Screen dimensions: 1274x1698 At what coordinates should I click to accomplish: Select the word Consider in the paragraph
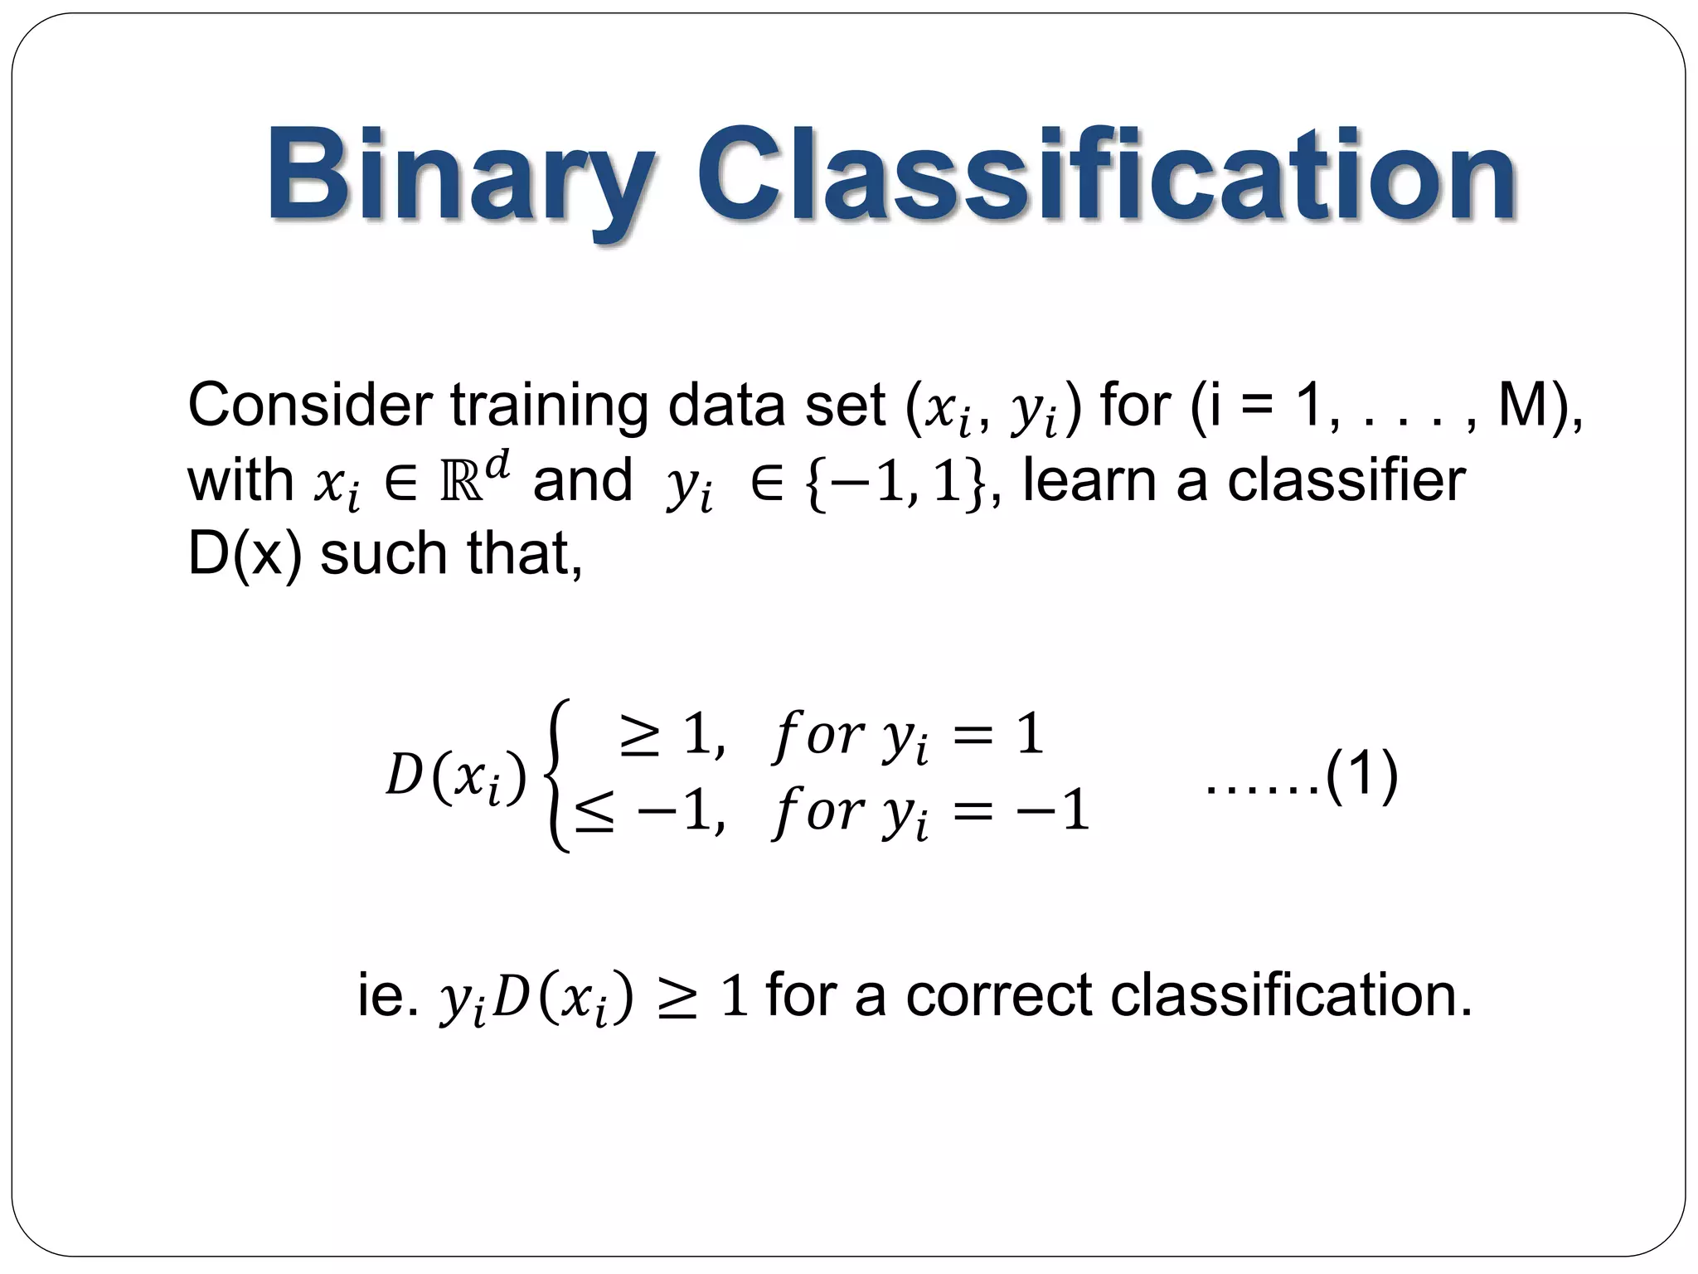point(309,406)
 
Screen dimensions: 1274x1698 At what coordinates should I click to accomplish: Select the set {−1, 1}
point(895,482)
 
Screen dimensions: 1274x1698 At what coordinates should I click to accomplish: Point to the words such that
point(452,554)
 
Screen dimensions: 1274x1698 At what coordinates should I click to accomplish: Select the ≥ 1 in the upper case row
point(672,735)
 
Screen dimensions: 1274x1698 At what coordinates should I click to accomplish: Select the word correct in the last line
point(998,994)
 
